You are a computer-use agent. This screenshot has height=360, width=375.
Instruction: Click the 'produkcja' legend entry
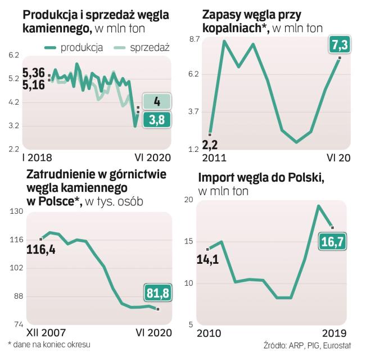point(82,48)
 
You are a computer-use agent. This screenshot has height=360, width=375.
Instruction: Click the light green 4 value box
point(157,102)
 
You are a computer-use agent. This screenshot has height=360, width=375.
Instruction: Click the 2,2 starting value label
point(210,145)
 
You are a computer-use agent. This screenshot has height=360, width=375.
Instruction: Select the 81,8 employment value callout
point(158,293)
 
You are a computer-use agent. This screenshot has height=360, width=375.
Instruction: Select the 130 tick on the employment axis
point(15,211)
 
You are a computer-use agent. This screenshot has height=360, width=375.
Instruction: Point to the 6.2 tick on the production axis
point(14,55)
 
